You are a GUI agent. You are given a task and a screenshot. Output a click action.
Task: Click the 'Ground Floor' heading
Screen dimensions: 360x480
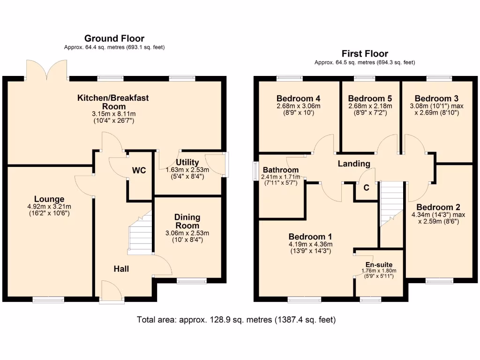[x=114, y=38]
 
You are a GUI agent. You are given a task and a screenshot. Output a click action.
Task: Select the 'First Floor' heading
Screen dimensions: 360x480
[x=365, y=53]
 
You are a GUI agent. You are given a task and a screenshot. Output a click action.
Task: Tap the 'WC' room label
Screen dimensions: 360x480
[x=139, y=171]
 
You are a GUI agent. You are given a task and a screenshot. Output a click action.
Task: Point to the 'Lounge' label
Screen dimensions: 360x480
[x=49, y=199]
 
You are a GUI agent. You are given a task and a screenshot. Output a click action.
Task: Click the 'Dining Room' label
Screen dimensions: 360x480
[x=187, y=221]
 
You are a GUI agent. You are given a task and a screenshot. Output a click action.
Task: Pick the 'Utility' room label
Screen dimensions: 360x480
[x=187, y=163]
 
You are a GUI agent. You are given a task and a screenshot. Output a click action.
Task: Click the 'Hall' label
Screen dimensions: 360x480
[x=121, y=269]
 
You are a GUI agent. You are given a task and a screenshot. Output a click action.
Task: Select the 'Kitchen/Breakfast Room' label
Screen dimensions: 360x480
[x=113, y=102]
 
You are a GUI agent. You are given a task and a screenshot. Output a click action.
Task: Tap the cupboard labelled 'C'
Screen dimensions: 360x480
[x=367, y=187]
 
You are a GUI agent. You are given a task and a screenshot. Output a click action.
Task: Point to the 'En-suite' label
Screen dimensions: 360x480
[x=380, y=264]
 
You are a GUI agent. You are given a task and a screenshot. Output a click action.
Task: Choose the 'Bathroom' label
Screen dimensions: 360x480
[x=280, y=170]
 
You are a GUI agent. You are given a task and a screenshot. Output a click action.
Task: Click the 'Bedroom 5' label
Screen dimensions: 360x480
[x=370, y=98]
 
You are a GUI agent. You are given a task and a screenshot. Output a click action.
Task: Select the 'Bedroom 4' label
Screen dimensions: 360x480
[x=298, y=98]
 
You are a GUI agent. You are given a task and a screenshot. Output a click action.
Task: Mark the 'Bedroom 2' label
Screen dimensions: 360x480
[x=438, y=207]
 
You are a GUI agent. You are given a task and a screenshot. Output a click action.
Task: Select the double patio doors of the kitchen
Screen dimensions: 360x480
[x=49, y=70]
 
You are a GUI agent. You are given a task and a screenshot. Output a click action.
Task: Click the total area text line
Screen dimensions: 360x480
[x=236, y=320]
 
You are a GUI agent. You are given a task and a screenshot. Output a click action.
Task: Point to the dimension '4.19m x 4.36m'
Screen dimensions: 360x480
[x=310, y=244]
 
